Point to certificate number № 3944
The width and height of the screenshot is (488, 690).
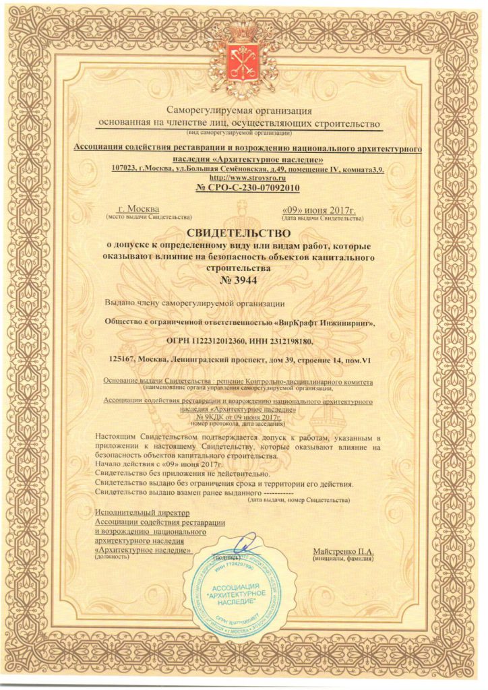coord(243,279)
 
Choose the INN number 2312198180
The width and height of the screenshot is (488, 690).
coord(284,342)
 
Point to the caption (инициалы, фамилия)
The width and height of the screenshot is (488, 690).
coord(343,559)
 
